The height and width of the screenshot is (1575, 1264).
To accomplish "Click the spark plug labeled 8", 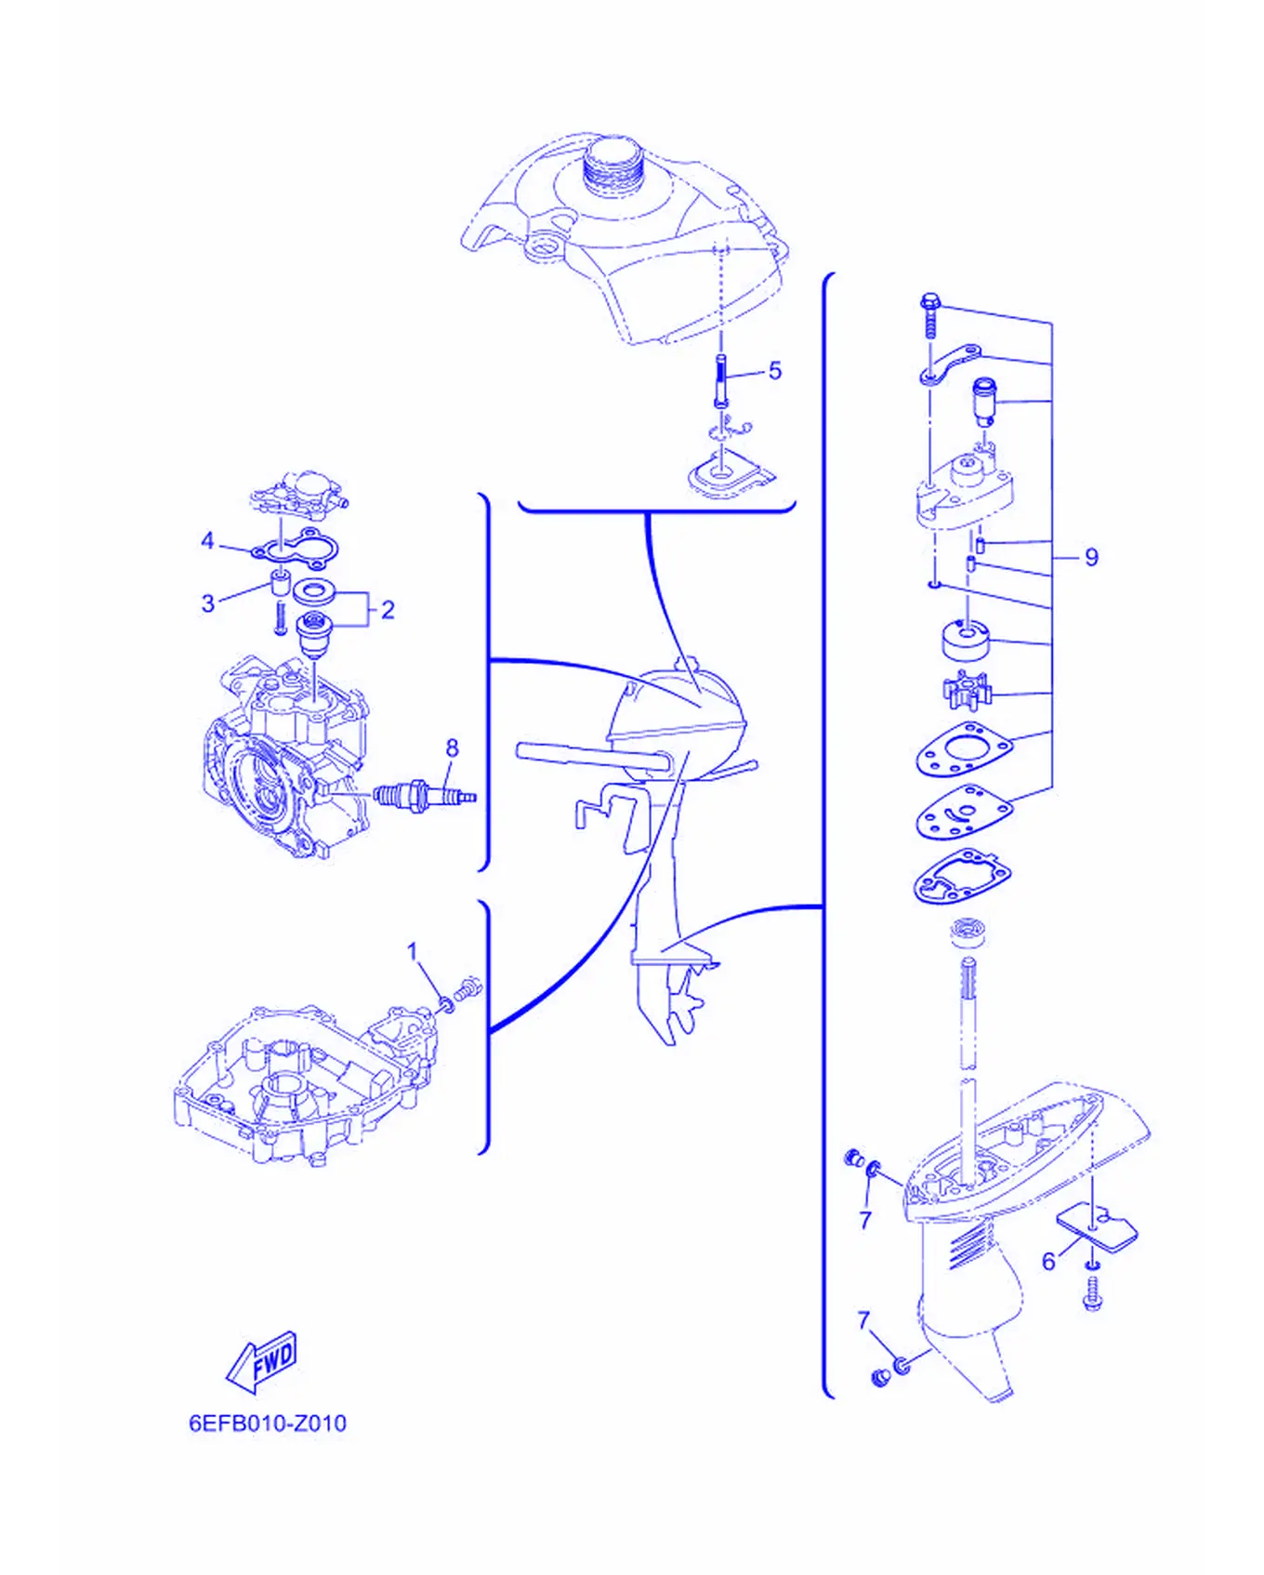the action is tap(425, 796).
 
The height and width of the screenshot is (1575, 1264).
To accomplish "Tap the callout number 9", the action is tap(1091, 557).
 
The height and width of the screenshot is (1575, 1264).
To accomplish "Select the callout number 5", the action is tap(775, 371).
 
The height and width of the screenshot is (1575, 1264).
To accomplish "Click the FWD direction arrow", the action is tap(262, 1361).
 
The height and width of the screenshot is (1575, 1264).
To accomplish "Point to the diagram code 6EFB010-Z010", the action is tap(268, 1423).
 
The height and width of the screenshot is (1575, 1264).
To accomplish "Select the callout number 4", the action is tap(207, 540).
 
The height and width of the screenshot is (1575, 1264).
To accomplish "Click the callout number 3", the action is tap(208, 603).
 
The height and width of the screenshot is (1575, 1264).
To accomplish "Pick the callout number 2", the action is tap(388, 610).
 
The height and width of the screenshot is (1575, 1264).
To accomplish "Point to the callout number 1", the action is tap(413, 951).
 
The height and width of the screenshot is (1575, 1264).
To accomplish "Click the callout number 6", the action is tap(1048, 1262).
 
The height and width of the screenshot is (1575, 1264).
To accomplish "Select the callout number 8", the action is tap(452, 748).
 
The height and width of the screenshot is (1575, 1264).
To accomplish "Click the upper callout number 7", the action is tap(865, 1220).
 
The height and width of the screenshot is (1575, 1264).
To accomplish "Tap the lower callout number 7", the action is tap(863, 1320).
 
